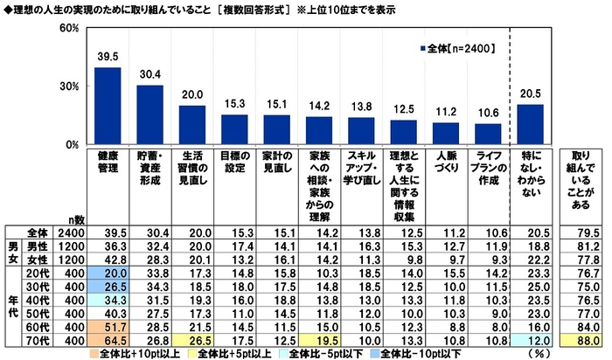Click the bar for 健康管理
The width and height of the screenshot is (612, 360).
108,106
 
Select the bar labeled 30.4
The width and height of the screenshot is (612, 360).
150,114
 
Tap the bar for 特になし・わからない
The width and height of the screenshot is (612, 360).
531,124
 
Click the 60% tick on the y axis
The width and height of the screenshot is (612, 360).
70,29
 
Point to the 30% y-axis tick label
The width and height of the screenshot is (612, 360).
70,87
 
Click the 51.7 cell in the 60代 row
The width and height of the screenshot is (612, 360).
108,324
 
